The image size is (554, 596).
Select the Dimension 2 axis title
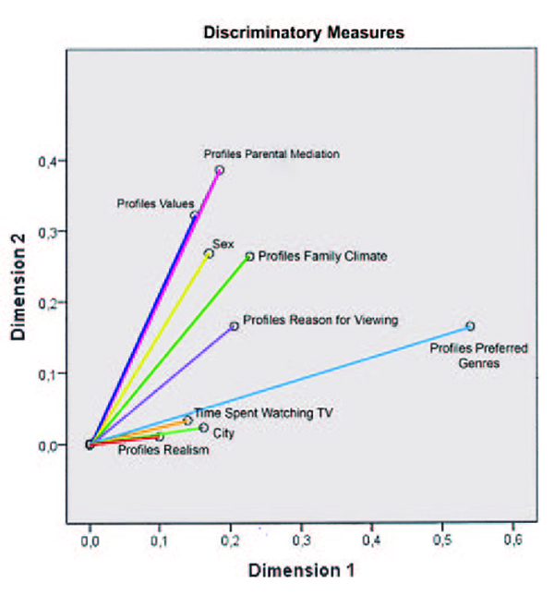tap(19, 287)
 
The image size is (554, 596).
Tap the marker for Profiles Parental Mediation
tap(219, 170)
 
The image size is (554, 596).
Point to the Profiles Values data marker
tap(195, 215)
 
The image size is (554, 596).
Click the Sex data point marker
tap(209, 253)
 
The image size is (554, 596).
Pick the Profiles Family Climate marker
tap(249, 257)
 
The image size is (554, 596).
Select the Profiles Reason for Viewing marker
tap(235, 326)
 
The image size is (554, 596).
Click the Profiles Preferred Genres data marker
tap(470, 326)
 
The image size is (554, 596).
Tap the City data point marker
tap(204, 428)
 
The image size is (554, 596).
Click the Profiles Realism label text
tap(163, 451)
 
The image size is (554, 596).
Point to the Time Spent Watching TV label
tap(250, 413)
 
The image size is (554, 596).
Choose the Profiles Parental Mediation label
tap(272, 154)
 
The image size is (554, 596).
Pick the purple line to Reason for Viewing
tap(166, 383)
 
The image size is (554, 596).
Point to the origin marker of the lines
tap(90, 444)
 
